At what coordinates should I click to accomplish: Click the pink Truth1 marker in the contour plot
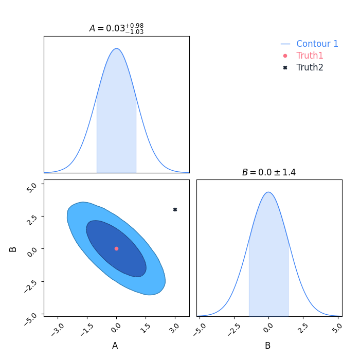pos(116,248)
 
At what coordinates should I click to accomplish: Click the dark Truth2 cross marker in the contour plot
pos(175,209)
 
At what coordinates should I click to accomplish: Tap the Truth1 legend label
pos(310,56)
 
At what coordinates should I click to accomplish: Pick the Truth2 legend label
pos(310,67)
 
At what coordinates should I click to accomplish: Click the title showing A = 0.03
pos(116,28)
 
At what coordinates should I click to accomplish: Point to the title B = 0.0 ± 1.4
pos(268,172)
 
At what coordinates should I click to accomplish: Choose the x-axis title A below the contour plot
pos(115,346)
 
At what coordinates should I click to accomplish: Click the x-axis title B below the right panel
pos(267,346)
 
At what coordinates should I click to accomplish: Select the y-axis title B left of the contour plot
pos(13,249)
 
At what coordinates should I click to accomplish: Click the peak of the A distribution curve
pos(117,49)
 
